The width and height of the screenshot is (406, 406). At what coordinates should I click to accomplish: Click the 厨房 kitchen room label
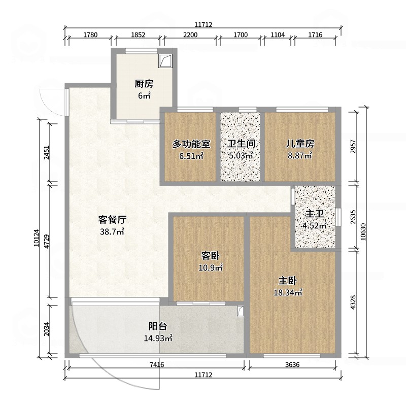(x=144, y=84)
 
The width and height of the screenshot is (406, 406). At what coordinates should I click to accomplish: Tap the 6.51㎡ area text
(x=191, y=156)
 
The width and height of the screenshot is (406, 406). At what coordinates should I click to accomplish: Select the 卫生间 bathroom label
(x=242, y=144)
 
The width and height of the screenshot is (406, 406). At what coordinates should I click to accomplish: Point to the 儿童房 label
(x=300, y=144)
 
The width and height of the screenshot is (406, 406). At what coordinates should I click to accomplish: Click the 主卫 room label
(x=315, y=214)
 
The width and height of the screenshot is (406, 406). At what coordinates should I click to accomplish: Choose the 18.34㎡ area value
(x=288, y=293)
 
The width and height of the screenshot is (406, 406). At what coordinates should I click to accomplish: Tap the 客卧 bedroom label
(x=211, y=256)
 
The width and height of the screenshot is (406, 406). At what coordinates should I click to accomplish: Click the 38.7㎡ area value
(x=112, y=231)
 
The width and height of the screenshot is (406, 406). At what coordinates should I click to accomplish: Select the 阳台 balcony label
(x=158, y=326)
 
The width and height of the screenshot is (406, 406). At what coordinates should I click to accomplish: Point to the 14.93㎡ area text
(x=158, y=338)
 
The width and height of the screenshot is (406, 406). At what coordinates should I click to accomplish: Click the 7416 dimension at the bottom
(x=157, y=364)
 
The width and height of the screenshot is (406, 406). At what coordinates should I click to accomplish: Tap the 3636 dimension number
(x=292, y=364)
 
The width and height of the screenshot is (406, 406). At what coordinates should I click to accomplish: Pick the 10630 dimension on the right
(x=363, y=232)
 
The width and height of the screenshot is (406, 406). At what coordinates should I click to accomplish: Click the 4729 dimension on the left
(x=47, y=242)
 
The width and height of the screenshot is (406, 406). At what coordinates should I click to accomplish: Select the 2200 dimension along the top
(x=190, y=35)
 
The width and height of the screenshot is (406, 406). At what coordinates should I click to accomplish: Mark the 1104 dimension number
(x=278, y=35)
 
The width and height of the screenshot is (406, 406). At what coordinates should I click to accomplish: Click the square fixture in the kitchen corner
(x=165, y=61)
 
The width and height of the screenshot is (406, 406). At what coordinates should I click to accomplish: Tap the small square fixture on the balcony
(x=241, y=311)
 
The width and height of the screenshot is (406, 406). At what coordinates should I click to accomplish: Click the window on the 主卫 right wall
(x=338, y=217)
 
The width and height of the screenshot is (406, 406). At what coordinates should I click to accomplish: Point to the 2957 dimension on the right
(x=353, y=147)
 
